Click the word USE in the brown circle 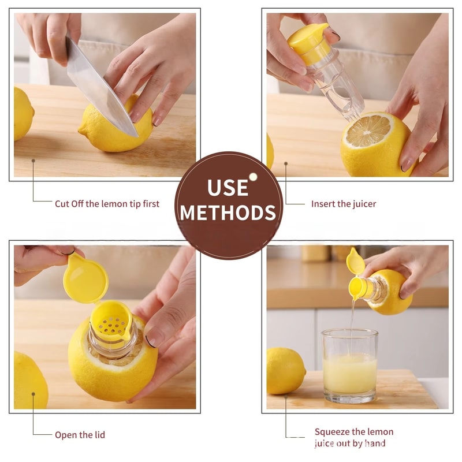tap(228, 187)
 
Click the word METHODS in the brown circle tap(228, 212)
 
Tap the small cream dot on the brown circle tap(252, 177)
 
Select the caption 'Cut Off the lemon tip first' tap(107, 204)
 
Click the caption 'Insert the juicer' tap(343, 204)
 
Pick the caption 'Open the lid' tap(80, 435)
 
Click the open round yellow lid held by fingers tap(85, 281)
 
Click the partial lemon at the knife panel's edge tap(23, 113)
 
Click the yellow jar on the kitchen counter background tap(315, 252)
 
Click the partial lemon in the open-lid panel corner tap(29, 381)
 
